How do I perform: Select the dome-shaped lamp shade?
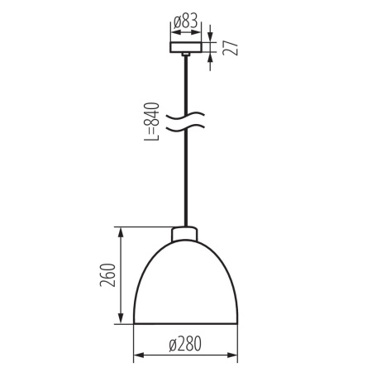pos(185,285)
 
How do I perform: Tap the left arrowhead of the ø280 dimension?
pos(136,356)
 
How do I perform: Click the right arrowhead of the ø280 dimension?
pos(234,356)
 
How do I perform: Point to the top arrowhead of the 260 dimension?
pos(122,231)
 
